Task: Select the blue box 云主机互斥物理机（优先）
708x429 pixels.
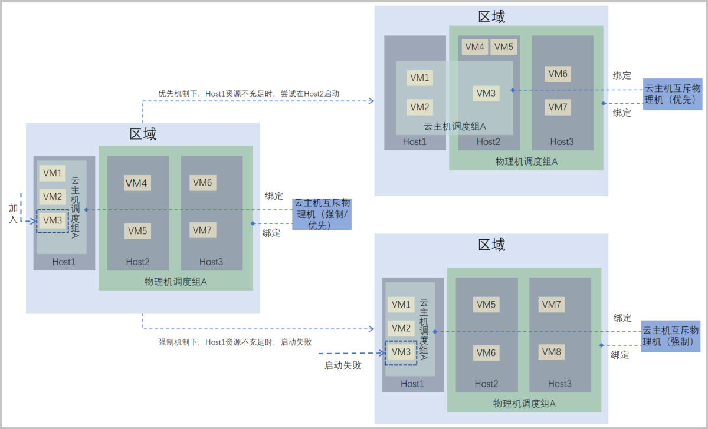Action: coord(673,94)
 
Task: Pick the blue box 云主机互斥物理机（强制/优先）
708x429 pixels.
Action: coord(322,214)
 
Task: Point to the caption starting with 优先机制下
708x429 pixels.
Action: coord(248,93)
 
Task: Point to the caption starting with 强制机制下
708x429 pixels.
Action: coord(234,342)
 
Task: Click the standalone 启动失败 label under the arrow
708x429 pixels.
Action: coord(343,365)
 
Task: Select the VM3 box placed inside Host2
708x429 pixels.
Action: coord(487,93)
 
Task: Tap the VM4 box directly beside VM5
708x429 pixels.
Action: coord(475,47)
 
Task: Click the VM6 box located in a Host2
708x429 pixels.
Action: coord(486,352)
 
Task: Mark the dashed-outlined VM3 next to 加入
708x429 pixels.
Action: coord(53,220)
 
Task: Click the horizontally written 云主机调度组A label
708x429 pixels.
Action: coord(454,126)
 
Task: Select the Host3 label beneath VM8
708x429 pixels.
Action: coord(559,384)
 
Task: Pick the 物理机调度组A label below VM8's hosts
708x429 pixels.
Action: coord(524,404)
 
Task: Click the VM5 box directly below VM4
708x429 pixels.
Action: coord(137,230)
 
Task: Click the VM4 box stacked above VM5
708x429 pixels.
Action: coord(136,183)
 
